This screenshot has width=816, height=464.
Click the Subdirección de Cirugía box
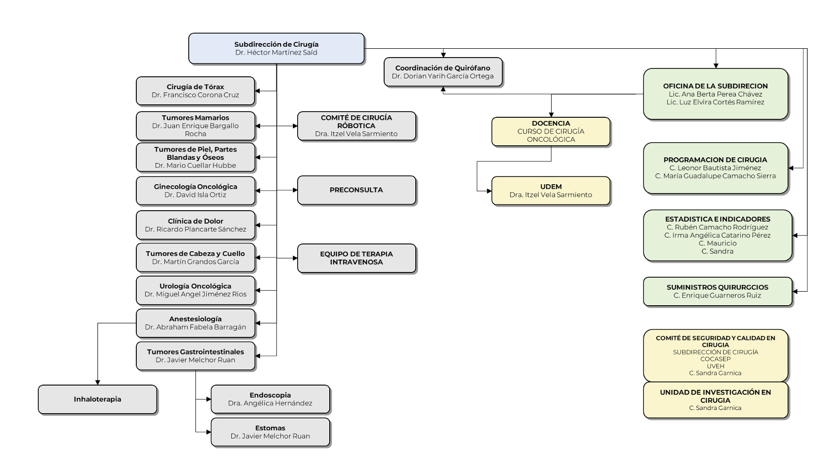coord(276,48)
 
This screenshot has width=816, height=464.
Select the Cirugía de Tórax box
coord(195,91)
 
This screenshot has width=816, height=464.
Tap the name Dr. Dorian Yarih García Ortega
coord(443,76)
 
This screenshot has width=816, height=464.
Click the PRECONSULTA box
coord(356,190)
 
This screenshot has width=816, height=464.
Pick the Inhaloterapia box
coord(97,399)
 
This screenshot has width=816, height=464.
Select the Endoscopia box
coord(270,399)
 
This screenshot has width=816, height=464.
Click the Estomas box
coord(270,432)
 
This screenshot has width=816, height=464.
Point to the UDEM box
coord(551,190)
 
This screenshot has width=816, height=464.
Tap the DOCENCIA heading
coord(551,124)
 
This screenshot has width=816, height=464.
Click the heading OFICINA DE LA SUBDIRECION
coord(715,86)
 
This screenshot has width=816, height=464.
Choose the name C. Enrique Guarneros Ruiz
coord(717,295)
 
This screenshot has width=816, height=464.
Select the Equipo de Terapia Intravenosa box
coord(356,258)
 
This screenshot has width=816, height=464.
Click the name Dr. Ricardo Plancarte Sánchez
coord(195,229)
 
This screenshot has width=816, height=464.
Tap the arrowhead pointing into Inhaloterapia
coord(97,382)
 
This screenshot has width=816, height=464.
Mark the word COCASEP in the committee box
coord(715,359)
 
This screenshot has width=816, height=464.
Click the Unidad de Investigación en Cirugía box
coord(715,400)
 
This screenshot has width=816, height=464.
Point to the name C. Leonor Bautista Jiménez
coord(715,168)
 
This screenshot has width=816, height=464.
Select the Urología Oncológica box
coord(195,290)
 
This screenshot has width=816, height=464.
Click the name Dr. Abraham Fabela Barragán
coord(195,327)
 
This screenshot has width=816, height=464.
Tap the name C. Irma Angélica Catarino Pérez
coord(717,235)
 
